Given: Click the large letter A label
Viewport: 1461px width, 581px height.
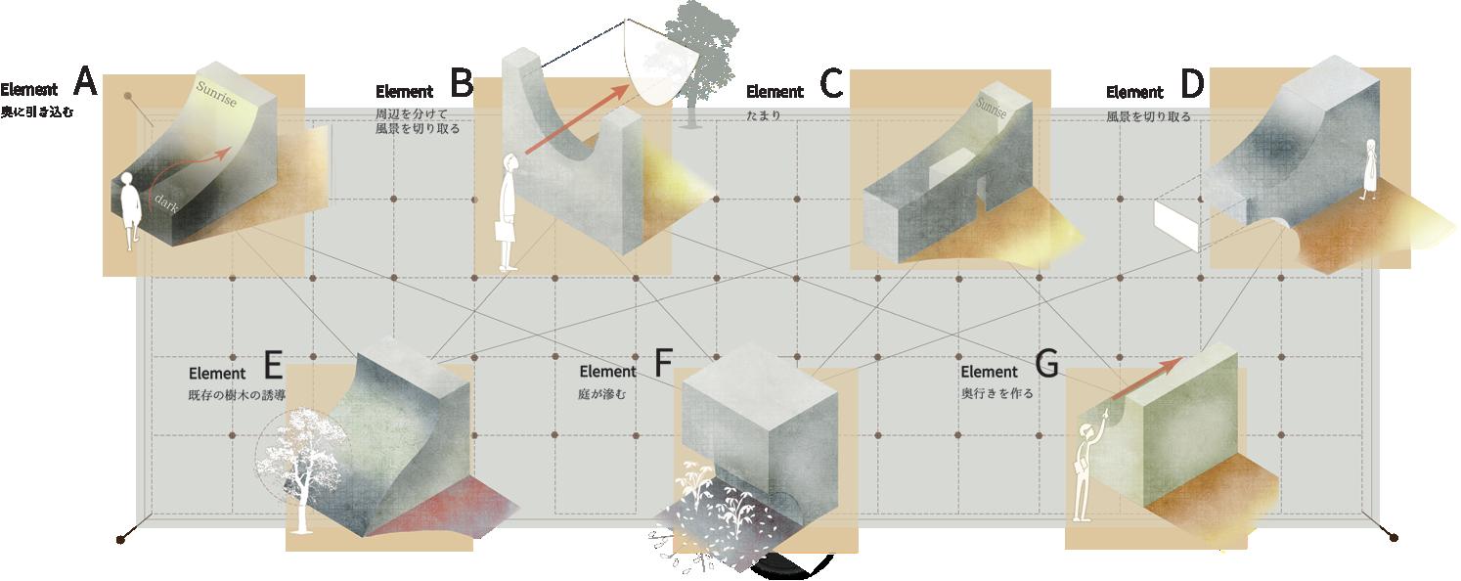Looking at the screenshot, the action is tap(86, 82).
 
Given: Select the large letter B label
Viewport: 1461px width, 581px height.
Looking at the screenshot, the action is tap(462, 83).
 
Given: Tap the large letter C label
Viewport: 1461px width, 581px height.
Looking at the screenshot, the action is tap(831, 84).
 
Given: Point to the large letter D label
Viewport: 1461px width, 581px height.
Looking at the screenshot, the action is tap(1192, 84).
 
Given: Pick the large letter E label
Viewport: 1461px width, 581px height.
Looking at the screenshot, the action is tap(274, 365).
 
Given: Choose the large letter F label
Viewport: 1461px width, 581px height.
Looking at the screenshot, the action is tap(663, 364).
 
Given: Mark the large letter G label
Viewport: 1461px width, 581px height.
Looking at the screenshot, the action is tap(1046, 364).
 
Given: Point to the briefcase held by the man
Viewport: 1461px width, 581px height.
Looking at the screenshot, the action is tap(505, 231).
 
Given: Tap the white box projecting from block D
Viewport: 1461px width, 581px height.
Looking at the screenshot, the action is tap(1177, 225).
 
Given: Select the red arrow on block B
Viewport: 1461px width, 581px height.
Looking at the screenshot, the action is tap(577, 119).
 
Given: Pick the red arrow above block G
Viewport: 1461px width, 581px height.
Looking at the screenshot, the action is tap(1144, 379).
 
